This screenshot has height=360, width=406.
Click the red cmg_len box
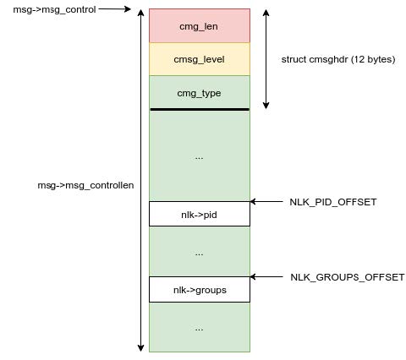200,25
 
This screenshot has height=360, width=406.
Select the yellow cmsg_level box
200,59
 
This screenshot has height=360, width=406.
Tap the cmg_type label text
199,94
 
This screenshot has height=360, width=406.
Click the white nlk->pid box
200,214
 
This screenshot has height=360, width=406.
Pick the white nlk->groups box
200,289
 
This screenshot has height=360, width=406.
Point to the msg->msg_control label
54,9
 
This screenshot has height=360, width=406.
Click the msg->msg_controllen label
85,185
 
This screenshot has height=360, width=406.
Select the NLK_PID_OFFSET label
333,202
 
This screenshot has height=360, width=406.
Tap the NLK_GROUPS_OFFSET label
348,277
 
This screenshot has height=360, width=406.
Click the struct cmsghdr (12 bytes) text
338,59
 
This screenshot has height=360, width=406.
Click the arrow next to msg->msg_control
114,9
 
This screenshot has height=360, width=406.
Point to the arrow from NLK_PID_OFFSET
266,201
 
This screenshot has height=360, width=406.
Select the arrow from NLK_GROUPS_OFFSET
266,276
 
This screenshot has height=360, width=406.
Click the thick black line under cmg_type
200,109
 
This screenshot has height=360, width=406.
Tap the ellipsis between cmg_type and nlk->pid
199,158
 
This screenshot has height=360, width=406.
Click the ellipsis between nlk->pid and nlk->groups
199,254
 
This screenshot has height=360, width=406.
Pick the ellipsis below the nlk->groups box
199,330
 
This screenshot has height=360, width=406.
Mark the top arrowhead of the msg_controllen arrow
140,13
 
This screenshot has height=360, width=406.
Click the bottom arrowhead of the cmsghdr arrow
266,106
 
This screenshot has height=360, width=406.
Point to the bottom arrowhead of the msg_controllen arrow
140,348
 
